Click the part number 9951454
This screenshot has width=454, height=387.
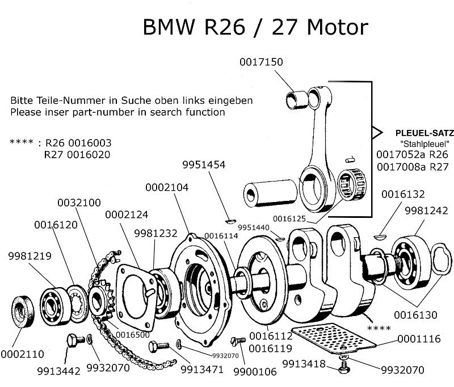pyautogui.click(x=204, y=165)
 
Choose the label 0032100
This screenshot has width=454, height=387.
pyautogui.click(x=79, y=203)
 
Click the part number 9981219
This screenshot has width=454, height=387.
pyautogui.click(x=30, y=256)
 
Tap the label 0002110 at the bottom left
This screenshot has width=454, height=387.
pyautogui.click(x=22, y=354)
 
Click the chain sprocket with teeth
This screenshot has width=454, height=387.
pyautogui.click(x=103, y=298)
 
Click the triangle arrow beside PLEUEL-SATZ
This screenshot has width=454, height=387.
pyautogui.click(x=376, y=132)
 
